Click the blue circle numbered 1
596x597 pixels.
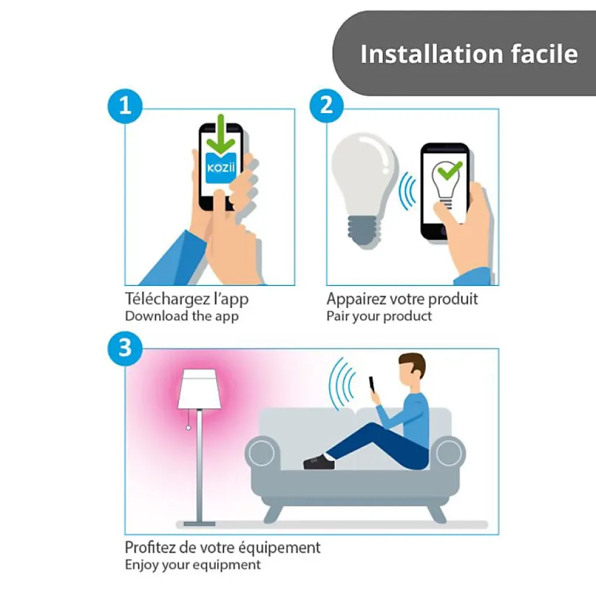[x=125, y=106]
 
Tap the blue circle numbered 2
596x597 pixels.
[x=326, y=106]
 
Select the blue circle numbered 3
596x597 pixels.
[x=125, y=348]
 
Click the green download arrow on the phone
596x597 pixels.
[x=221, y=134]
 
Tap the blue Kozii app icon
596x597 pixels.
[x=221, y=167]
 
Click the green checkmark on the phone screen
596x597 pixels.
[x=450, y=172]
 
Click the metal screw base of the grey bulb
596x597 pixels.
[x=364, y=231]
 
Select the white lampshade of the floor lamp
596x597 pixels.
[x=198, y=389]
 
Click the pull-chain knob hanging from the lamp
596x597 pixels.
[x=188, y=428]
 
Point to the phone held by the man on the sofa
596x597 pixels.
[x=372, y=385]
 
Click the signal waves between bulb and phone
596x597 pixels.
[x=407, y=190]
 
